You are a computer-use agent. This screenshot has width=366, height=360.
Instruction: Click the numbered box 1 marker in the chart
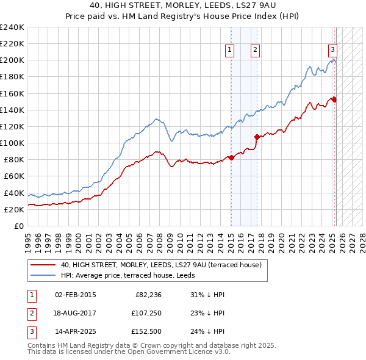[231, 51]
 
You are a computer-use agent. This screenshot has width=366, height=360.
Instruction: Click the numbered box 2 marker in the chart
[254, 51]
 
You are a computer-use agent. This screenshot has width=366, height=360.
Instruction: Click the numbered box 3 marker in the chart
[332, 51]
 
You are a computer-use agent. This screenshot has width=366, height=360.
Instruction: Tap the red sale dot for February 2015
[231, 157]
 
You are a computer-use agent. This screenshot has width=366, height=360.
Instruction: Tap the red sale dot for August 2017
[257, 137]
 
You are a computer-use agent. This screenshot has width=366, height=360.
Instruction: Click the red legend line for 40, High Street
[43, 265]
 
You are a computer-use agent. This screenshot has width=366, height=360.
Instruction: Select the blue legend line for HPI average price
[43, 275]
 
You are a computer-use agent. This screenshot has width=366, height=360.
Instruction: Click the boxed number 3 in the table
[30, 333]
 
